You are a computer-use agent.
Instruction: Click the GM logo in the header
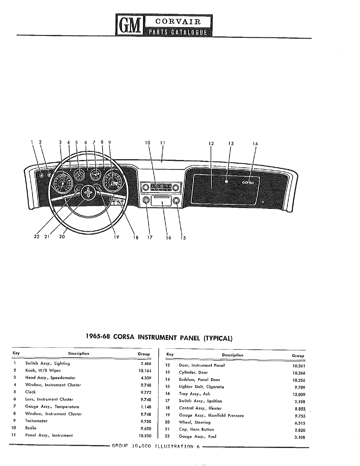pos(130,25)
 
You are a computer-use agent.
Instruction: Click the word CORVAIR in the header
pos(178,22)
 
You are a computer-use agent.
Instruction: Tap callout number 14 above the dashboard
pos(255,144)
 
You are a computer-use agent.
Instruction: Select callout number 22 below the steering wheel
pos(37,237)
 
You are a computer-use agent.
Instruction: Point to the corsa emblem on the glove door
pos(248,182)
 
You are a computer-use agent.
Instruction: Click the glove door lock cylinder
pos(226,181)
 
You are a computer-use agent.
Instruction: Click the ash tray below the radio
pos(161,201)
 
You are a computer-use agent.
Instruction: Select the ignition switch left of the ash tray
pos(146,200)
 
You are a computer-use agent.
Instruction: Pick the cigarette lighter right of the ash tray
pos(176,200)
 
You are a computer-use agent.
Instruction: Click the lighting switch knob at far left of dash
pos(42,175)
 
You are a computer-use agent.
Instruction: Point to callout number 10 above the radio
pos(148,143)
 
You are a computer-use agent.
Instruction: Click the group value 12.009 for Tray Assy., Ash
pos(299,394)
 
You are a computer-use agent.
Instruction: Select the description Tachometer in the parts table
pos(36,421)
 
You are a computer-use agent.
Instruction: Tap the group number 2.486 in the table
pos(146,364)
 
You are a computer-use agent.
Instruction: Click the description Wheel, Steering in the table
pos(195,422)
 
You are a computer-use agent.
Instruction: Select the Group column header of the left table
pos(144,354)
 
